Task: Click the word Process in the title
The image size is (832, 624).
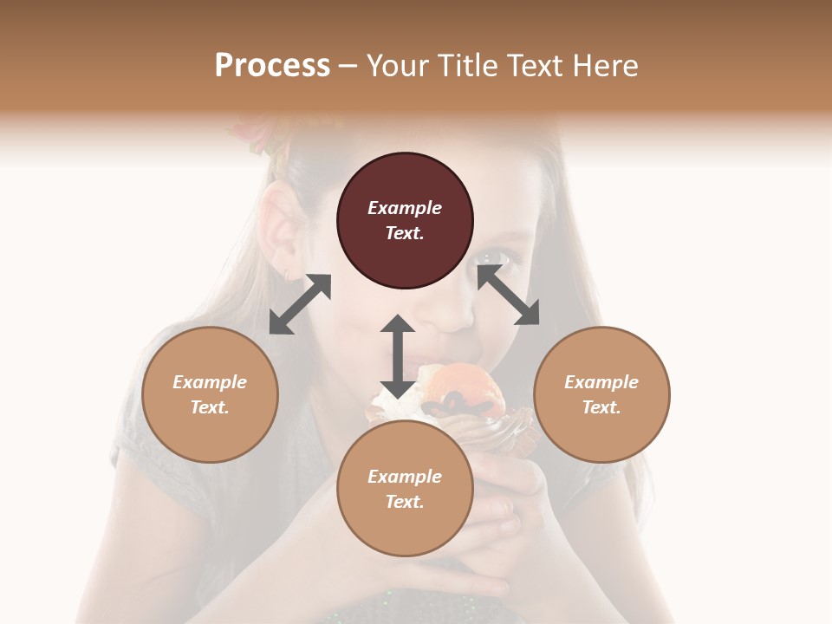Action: coord(272,66)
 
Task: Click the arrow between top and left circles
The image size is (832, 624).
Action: coord(300,304)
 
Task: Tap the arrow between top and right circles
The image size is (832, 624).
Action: coord(509,296)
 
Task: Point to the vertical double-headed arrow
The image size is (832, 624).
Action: coord(398,356)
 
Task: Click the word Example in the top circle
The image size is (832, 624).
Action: coord(405,208)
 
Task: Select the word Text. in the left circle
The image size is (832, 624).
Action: coord(210,407)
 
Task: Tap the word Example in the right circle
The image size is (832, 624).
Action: coord(601,382)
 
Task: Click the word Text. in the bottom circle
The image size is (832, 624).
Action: coord(405,502)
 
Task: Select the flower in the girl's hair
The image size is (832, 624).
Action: coord(257,134)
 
